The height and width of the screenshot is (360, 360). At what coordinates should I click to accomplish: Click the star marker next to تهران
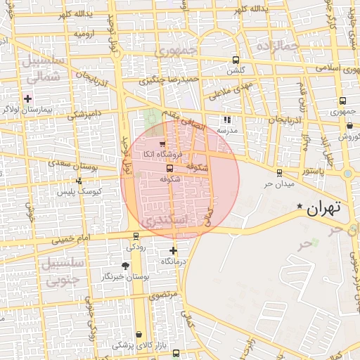[300, 206]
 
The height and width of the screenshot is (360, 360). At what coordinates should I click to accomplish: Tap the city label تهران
[323, 207]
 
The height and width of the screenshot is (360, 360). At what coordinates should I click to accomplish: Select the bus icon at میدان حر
[280, 172]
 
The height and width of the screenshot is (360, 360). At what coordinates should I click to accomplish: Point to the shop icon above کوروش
[349, 126]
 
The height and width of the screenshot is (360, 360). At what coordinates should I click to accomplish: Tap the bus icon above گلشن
[235, 60]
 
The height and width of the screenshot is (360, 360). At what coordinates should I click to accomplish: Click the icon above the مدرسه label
[226, 120]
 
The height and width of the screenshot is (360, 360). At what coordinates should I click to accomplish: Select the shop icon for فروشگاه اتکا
[163, 143]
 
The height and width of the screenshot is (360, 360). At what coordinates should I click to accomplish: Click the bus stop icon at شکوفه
[169, 168]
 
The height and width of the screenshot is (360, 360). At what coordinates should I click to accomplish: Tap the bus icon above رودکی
[135, 236]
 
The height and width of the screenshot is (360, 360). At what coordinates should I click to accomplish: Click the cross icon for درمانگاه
[173, 250]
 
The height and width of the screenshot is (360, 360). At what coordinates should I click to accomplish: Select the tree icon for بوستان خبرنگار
[125, 265]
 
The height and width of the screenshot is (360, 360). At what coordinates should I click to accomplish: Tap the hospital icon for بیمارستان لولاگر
[28, 98]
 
